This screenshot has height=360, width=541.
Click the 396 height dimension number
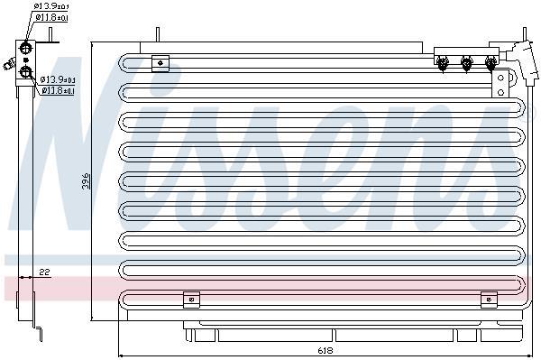[86, 180]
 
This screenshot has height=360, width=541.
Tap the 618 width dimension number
[325, 351]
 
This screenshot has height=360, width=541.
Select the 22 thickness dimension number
[44, 272]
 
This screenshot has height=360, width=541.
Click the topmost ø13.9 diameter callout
[50, 6]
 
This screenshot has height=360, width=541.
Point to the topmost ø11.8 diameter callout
[51, 17]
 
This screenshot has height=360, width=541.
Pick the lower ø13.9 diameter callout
[58, 79]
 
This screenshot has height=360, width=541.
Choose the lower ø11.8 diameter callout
[58, 91]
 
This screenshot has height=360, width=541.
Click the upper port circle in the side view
[25, 47]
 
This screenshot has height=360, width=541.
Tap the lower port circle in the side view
[26, 72]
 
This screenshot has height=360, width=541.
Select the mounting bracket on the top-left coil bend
[160, 63]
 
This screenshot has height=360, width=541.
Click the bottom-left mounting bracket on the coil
[191, 300]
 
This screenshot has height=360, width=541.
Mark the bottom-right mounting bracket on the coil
[489, 300]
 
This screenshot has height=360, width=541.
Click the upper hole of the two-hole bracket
[500, 78]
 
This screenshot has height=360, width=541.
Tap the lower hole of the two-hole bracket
[500, 92]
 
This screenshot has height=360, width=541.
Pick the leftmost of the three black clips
[442, 64]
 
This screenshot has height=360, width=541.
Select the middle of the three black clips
[466, 64]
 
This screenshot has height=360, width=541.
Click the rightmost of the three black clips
[491, 64]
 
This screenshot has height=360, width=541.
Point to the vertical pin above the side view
[50, 35]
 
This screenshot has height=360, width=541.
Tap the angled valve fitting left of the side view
[9, 64]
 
